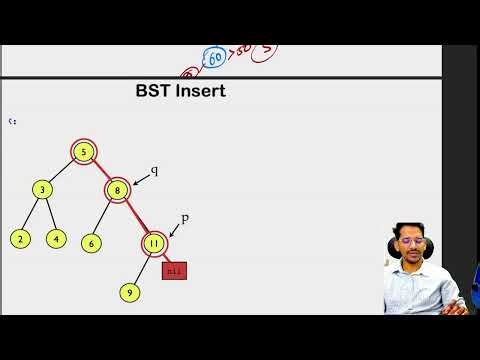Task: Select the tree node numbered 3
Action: [x=42, y=189]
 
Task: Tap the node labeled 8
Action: [x=117, y=188]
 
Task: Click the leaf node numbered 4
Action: [x=56, y=238]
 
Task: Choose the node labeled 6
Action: [x=91, y=242]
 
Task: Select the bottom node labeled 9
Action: [x=128, y=292]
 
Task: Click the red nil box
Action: [x=174, y=269]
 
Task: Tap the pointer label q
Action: [x=154, y=170]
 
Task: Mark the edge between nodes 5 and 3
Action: [x=63, y=170]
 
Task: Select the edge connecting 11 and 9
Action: [x=141, y=267]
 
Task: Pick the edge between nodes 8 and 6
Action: [x=104, y=215]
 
